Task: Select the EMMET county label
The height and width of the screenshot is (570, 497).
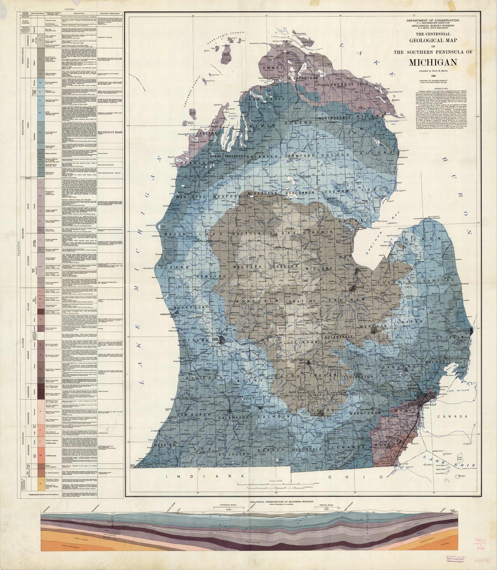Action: pos(273,68)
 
